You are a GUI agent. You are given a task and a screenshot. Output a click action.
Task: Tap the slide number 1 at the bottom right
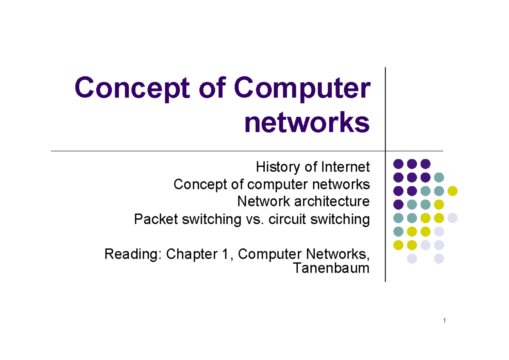(x=444, y=321)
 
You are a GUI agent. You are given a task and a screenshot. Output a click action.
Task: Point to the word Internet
(x=345, y=167)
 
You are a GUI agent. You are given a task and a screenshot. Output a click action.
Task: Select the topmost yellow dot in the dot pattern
(x=452, y=191)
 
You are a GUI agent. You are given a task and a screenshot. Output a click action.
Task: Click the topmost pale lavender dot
(x=452, y=218)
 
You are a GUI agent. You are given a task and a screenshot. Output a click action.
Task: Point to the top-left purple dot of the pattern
(x=398, y=163)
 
